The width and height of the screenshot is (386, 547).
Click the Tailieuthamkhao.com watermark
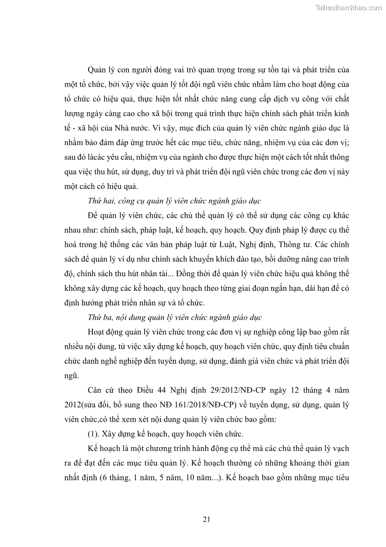(x=348, y=7)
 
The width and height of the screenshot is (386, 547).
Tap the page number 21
(x=206, y=519)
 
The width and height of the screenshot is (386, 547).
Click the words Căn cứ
(x=101, y=390)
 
